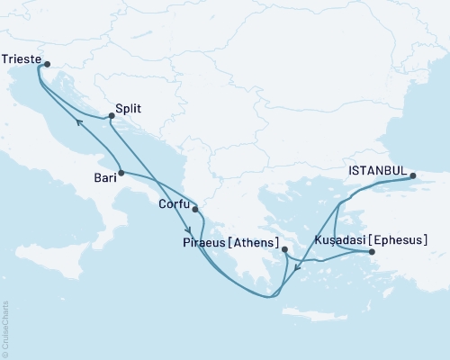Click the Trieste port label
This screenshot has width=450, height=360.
pyautogui.click(x=22, y=58)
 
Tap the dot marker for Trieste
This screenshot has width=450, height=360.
pyautogui.click(x=48, y=64)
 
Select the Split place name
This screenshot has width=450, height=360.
pyautogui.click(x=129, y=108)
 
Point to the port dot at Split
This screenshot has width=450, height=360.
pyautogui.click(x=111, y=115)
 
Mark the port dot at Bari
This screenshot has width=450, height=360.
pyautogui.click(x=120, y=172)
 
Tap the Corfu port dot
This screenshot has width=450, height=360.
pyautogui.click(x=195, y=210)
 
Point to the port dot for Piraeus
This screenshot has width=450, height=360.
pyautogui.click(x=284, y=249)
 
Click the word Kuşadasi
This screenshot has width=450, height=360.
pyautogui.click(x=338, y=241)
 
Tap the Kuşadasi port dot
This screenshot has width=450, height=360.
pyautogui.click(x=371, y=253)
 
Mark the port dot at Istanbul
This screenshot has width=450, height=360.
pyautogui.click(x=412, y=176)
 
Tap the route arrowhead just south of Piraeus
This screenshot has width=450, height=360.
pyautogui.click(x=297, y=266)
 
